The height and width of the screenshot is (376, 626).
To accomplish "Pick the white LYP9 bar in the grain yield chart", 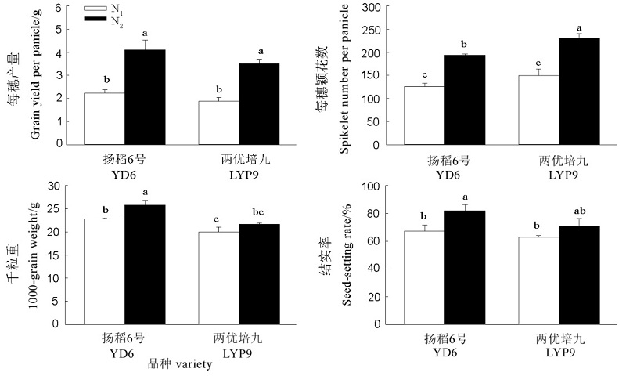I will click(219, 122).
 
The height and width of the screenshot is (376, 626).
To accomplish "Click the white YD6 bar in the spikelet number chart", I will click(423, 115).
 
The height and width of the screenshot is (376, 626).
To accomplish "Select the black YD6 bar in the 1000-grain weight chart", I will click(145, 264).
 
